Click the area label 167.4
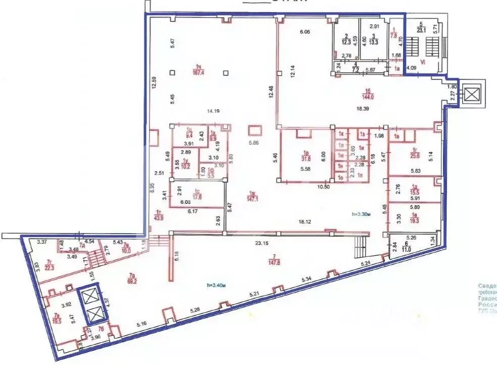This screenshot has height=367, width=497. (x=198, y=72)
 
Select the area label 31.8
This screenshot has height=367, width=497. (x=306, y=156)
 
